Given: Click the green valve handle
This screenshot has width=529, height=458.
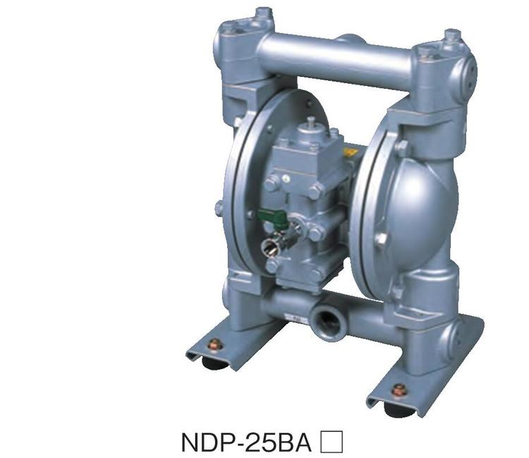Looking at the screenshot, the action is [x=272, y=216].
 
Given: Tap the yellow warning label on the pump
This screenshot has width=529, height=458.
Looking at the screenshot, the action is [x=350, y=151].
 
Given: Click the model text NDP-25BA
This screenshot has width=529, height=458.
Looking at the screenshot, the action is [x=246, y=442].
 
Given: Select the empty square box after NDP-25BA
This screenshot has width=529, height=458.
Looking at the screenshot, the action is [x=332, y=441].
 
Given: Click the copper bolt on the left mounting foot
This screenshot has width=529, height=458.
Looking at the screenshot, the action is [x=215, y=345].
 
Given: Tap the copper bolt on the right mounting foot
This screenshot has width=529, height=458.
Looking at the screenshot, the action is [x=399, y=390].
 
